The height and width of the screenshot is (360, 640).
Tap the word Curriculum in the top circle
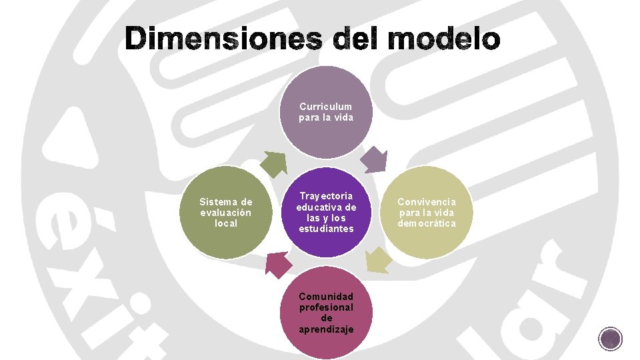[326, 107]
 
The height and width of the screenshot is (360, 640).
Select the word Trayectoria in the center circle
[326, 196]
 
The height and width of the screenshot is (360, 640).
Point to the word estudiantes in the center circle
[326, 229]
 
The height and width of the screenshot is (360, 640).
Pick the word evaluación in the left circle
[226, 212]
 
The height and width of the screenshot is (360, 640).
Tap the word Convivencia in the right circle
[427, 201]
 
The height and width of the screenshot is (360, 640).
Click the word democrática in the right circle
[427, 223]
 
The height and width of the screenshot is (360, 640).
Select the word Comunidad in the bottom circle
[326, 296]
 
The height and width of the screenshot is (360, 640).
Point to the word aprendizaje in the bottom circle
[326, 329]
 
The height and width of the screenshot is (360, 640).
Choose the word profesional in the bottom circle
[326, 307]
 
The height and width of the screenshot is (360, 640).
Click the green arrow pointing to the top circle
[275, 163]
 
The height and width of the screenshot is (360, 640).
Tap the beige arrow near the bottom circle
[378, 260]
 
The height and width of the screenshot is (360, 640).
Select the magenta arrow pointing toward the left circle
[279, 263]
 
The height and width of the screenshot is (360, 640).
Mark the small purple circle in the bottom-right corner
[611, 339]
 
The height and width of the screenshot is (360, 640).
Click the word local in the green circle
[226, 223]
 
